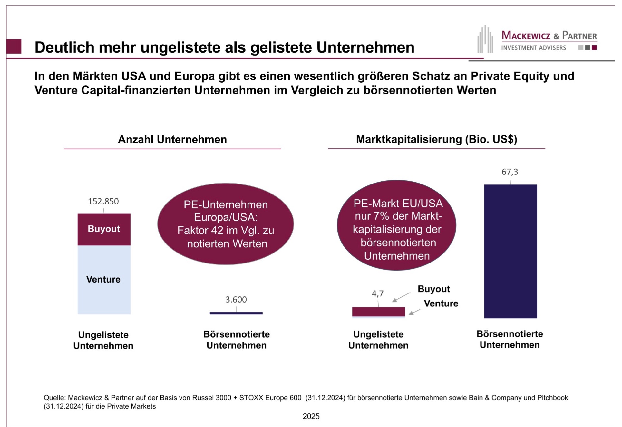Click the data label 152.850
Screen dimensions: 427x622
click(103, 201)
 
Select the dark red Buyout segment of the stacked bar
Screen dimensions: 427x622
click(104, 229)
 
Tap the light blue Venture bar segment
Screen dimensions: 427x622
click(104, 280)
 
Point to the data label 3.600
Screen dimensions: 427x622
click(236, 300)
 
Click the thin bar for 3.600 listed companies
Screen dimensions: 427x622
click(236, 313)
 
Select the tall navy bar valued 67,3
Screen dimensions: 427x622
click(510, 251)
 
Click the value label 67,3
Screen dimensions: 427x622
click(510, 172)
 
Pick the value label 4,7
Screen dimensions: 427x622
click(377, 293)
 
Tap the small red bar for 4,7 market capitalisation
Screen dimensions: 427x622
click(378, 312)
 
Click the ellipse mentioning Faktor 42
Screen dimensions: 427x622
click(226, 224)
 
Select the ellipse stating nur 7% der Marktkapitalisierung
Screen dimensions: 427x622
click(396, 225)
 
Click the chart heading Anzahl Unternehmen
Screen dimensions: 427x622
click(172, 139)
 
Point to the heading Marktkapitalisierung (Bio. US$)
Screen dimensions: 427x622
click(436, 139)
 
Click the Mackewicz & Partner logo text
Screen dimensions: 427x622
click(549, 36)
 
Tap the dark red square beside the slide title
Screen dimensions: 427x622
click(14, 46)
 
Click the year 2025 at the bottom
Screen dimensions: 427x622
click(311, 416)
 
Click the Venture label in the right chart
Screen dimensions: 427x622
click(441, 303)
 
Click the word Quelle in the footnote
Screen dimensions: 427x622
click(54, 398)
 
